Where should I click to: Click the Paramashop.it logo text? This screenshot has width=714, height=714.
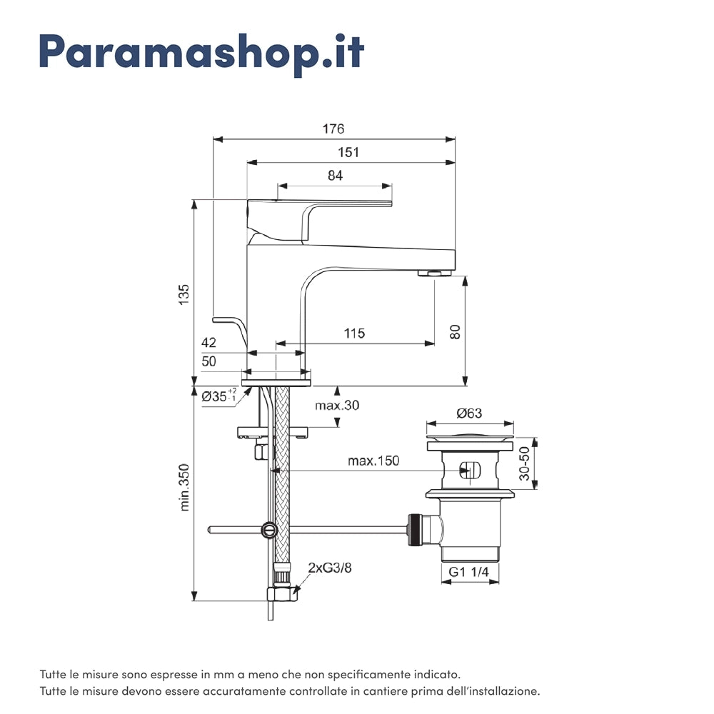tap(201, 51)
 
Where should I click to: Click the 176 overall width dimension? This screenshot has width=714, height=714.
tap(333, 129)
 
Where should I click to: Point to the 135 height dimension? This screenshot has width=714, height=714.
tap(184, 294)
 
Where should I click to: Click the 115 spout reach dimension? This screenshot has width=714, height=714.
tap(354, 333)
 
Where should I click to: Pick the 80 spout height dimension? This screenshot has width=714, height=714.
tap(456, 331)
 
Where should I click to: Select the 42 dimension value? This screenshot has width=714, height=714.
tap(208, 342)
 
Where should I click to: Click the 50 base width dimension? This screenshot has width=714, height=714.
tap(208, 361)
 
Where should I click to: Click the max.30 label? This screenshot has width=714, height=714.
tap(337, 405)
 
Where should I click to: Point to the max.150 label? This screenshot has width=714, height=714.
tap(373, 461)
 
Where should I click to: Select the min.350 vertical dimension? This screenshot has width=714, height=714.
tap(185, 490)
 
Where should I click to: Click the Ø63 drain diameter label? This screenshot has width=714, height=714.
tap(470, 413)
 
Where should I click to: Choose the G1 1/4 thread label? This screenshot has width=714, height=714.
tap(469, 571)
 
